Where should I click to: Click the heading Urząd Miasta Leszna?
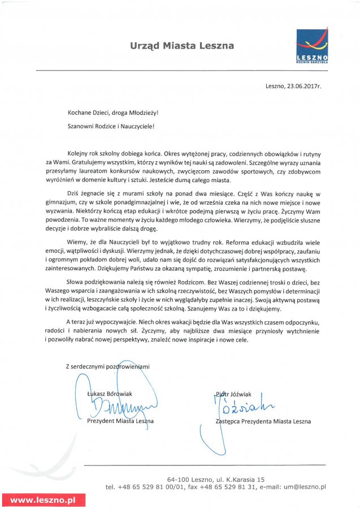181,45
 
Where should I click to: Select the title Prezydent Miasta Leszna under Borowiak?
120,421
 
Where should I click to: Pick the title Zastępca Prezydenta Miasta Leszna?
263,421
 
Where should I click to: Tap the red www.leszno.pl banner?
43,500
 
